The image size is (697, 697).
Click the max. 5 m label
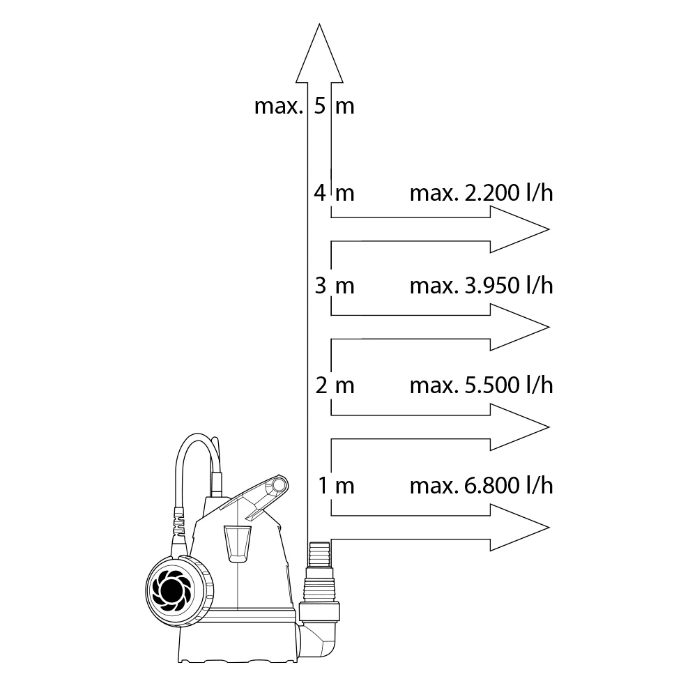pos(304,106)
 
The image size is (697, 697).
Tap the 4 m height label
pos(335,193)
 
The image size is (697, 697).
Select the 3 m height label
pos(335,285)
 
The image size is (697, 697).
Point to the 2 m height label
pos(335,385)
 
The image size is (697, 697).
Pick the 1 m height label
pos(336,485)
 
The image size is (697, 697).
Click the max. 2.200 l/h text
pos(482,193)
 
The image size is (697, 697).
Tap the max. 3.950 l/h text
pos(482,285)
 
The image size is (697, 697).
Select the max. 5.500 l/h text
pos(482,385)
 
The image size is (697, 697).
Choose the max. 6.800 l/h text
pos(482,485)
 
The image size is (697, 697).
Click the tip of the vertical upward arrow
pos(319,24)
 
